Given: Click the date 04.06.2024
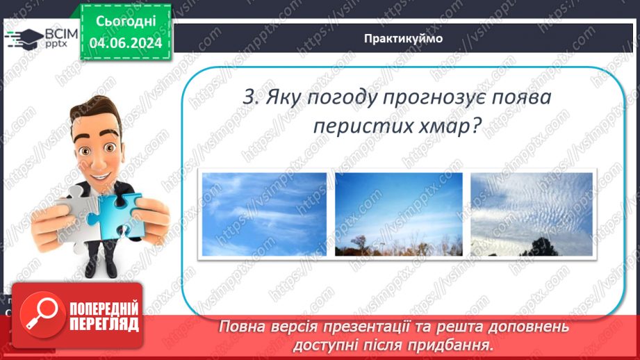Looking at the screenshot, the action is coord(126,43).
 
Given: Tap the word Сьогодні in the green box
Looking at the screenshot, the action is coord(126,22).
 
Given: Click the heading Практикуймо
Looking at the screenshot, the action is coord(403,38).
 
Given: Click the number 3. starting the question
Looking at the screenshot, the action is coord(251,97).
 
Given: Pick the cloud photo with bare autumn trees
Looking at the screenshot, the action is coord(399,214).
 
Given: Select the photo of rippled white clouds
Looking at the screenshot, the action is coord(532,214).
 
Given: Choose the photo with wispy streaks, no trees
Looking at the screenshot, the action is coord(265,214).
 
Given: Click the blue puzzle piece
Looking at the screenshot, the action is coord(117,215).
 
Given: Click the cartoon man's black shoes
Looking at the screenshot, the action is coord(102,270).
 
